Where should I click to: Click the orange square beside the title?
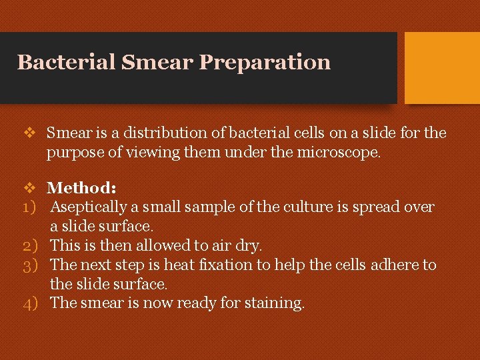[x=442, y=67]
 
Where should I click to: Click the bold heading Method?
[x=82, y=189]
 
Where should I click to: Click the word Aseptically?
[x=91, y=207]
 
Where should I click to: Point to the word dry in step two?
[x=248, y=246]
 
